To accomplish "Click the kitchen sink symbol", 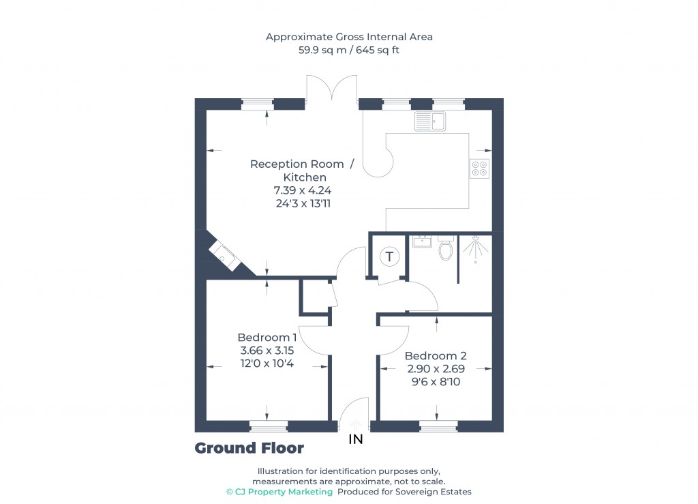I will tap(429, 121).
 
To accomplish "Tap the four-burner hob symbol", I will tap(479, 168).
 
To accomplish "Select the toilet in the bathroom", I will tap(446, 250).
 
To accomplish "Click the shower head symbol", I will tap(474, 248).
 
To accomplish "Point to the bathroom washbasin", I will tap(422, 241).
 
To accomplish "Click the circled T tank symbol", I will tap(390, 257).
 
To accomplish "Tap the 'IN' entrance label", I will tap(356, 440).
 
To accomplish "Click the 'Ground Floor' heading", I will tap(249, 448).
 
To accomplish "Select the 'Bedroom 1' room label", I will tap(267, 337).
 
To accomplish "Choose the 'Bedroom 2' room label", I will tap(435, 355).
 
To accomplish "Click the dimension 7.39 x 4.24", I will tap(302, 190).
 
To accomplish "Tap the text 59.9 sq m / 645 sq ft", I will tap(349, 50).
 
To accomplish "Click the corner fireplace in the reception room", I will tap(224, 255).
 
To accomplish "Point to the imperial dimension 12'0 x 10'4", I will tap(267, 363).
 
